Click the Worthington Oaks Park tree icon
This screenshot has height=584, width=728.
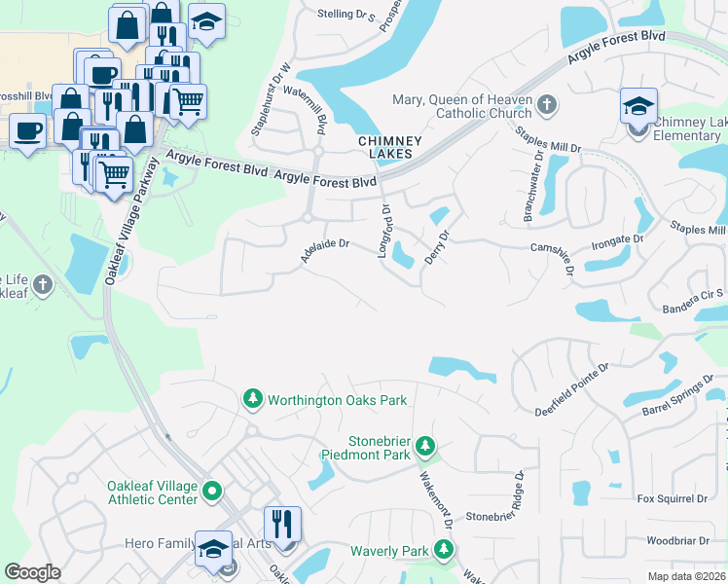coord(252,400)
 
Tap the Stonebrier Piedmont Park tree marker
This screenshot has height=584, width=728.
coord(424,446)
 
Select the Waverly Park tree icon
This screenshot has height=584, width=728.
coord(443,551)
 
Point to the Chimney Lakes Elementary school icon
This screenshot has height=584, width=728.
coord(637,107)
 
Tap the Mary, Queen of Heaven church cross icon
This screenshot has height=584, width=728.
coord(547,104)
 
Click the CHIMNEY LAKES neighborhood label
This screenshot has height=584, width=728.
coord(390,147)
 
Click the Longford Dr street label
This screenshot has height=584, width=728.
coord(385,231)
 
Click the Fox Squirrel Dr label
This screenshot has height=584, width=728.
coord(672,498)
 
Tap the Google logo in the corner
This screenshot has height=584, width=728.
coord(33,572)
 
